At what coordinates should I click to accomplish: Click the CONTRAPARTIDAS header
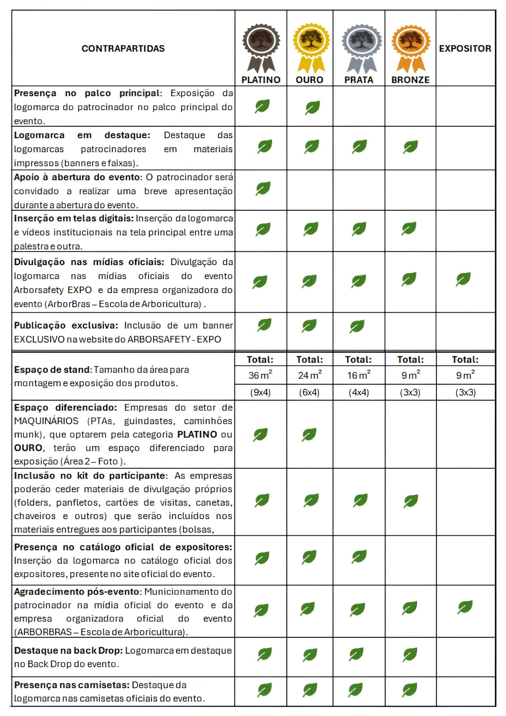click(123, 48)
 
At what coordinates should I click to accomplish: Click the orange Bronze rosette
click(410, 47)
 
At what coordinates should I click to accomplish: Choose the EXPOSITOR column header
click(465, 48)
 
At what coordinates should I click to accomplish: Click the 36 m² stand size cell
click(260, 375)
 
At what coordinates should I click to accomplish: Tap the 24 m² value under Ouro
click(310, 375)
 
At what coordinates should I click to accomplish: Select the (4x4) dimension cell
click(359, 392)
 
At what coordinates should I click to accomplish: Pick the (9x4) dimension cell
click(260, 392)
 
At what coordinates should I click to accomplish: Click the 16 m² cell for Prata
click(359, 375)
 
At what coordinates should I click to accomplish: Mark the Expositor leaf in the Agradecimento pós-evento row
click(465, 607)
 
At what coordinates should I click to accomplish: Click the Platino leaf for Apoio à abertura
click(263, 189)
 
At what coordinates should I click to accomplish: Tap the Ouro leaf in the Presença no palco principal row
click(312, 108)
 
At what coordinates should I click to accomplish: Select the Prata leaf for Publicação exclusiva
click(357, 326)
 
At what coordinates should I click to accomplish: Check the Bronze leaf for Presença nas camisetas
click(410, 690)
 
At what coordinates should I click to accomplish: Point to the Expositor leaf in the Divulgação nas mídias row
click(463, 279)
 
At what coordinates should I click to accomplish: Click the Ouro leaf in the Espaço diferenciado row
click(309, 435)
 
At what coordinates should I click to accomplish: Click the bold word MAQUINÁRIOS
click(46, 421)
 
